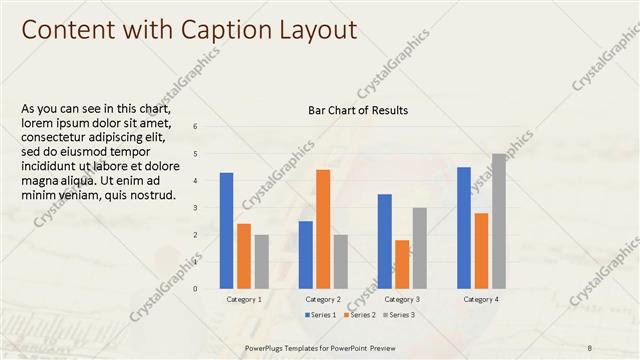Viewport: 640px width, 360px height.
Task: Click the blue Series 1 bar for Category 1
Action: [226, 231]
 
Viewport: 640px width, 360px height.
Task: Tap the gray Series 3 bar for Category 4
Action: [498, 221]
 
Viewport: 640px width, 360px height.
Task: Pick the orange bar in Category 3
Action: [402, 264]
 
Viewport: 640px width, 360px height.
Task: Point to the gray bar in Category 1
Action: [261, 262]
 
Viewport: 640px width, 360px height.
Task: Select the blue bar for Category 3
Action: [385, 241]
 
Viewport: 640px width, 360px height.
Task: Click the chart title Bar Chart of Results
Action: [358, 110]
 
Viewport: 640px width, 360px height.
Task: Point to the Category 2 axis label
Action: [323, 299]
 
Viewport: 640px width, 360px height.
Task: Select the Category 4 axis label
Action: [481, 299]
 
